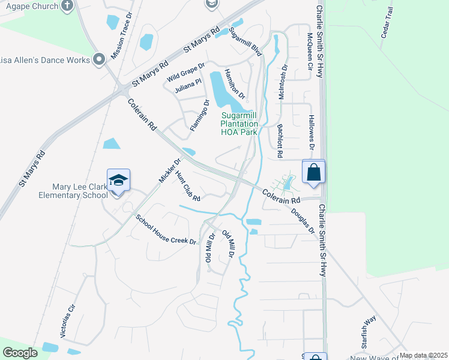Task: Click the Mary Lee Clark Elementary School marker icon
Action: click(118, 180)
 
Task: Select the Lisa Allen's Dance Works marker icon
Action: click(99, 59)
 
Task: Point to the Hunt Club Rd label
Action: click(187, 186)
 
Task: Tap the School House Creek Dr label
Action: click(166, 230)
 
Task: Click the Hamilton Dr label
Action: click(235, 83)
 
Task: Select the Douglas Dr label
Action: click(303, 221)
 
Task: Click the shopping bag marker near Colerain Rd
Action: click(314, 172)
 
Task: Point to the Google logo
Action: click(20, 353)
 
